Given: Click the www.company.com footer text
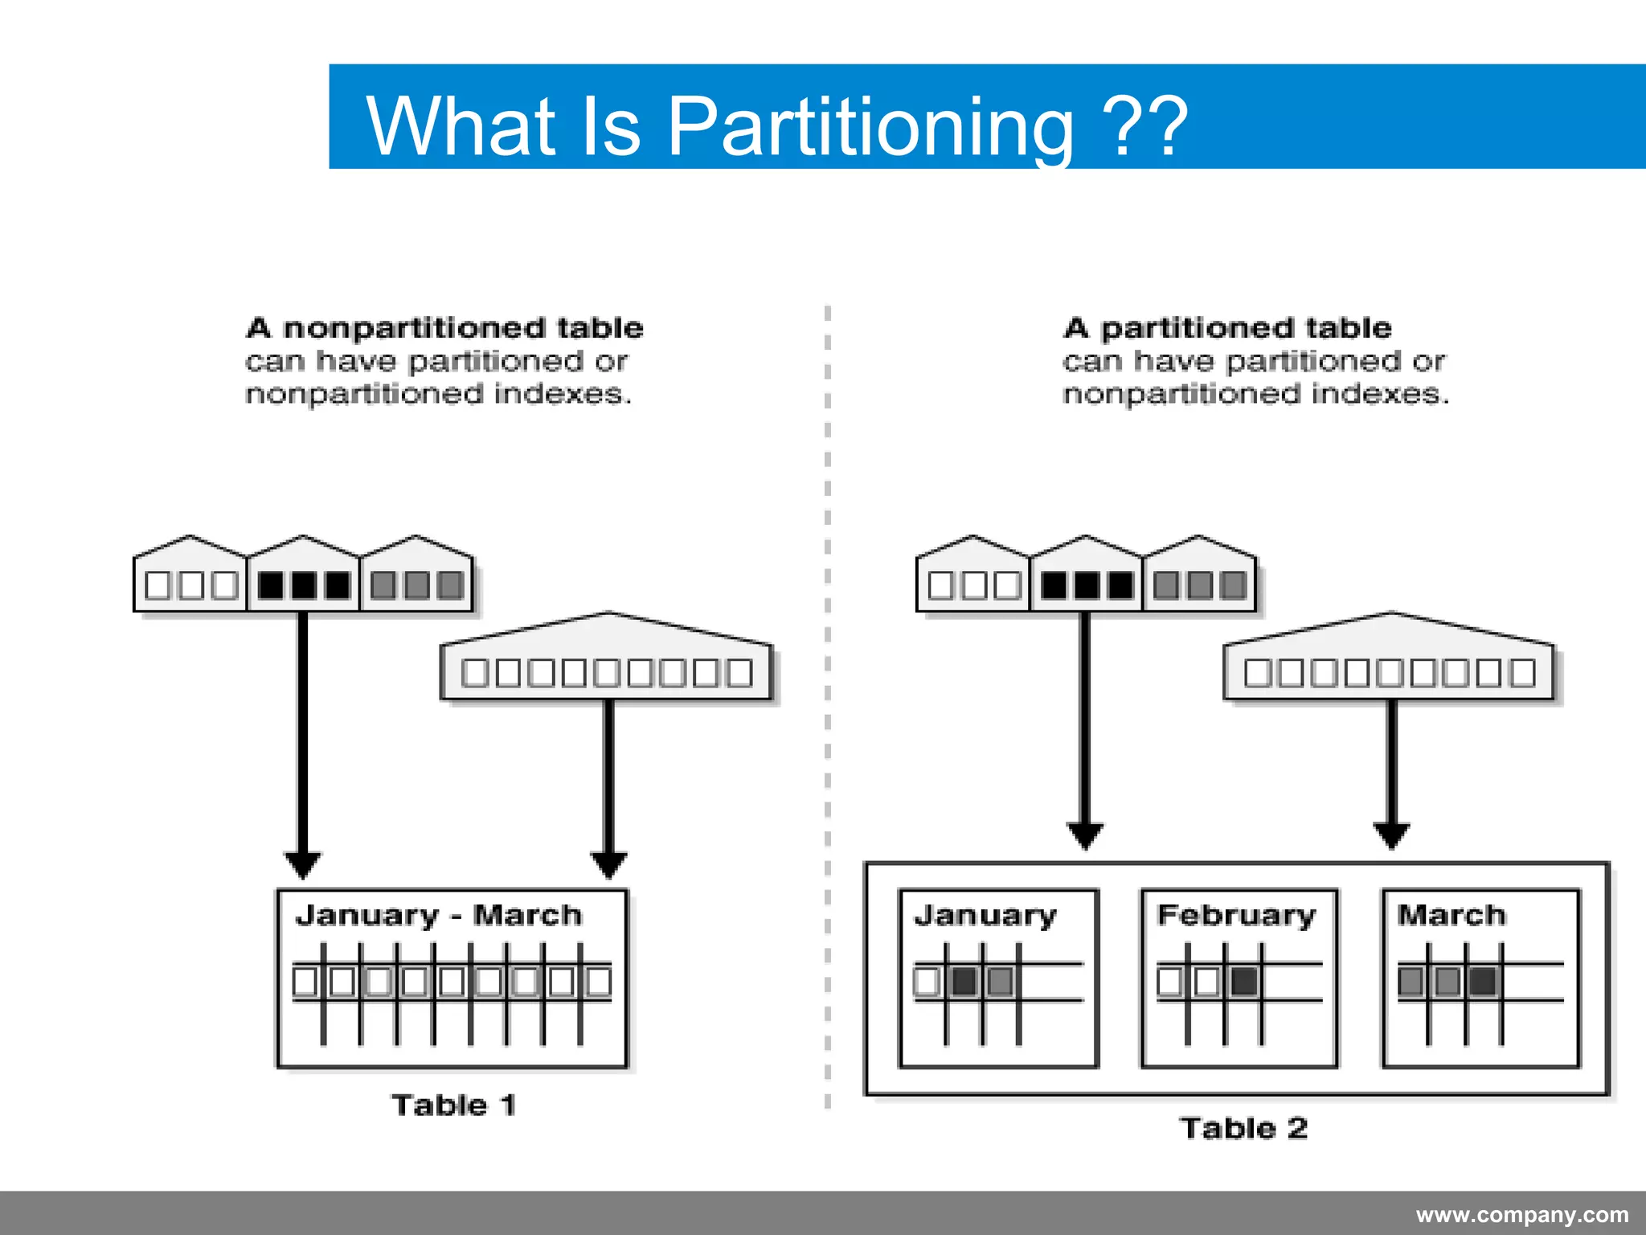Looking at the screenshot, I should (x=1521, y=1214).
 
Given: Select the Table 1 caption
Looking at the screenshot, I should (x=453, y=1106).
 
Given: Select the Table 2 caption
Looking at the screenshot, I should (x=1243, y=1128).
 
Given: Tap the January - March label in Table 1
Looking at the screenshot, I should (x=439, y=916).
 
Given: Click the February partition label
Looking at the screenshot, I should (x=1236, y=916).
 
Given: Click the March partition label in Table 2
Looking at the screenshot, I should (x=1451, y=916).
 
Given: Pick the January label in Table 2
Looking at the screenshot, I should (x=985, y=916).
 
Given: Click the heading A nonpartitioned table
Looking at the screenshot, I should (x=444, y=328).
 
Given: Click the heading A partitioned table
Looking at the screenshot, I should (x=1227, y=328).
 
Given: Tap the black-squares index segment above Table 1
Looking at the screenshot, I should (x=303, y=585).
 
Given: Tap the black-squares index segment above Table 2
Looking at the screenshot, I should (x=1086, y=585).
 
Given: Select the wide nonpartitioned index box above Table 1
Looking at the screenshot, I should (x=607, y=671).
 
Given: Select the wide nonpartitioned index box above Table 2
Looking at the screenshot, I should (x=1390, y=671).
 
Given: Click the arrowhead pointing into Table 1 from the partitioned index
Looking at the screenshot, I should (x=303, y=864).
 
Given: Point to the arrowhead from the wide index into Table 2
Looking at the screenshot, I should (x=1391, y=835).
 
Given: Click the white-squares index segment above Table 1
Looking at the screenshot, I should (x=190, y=585).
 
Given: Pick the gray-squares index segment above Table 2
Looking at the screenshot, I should (x=1199, y=585).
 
